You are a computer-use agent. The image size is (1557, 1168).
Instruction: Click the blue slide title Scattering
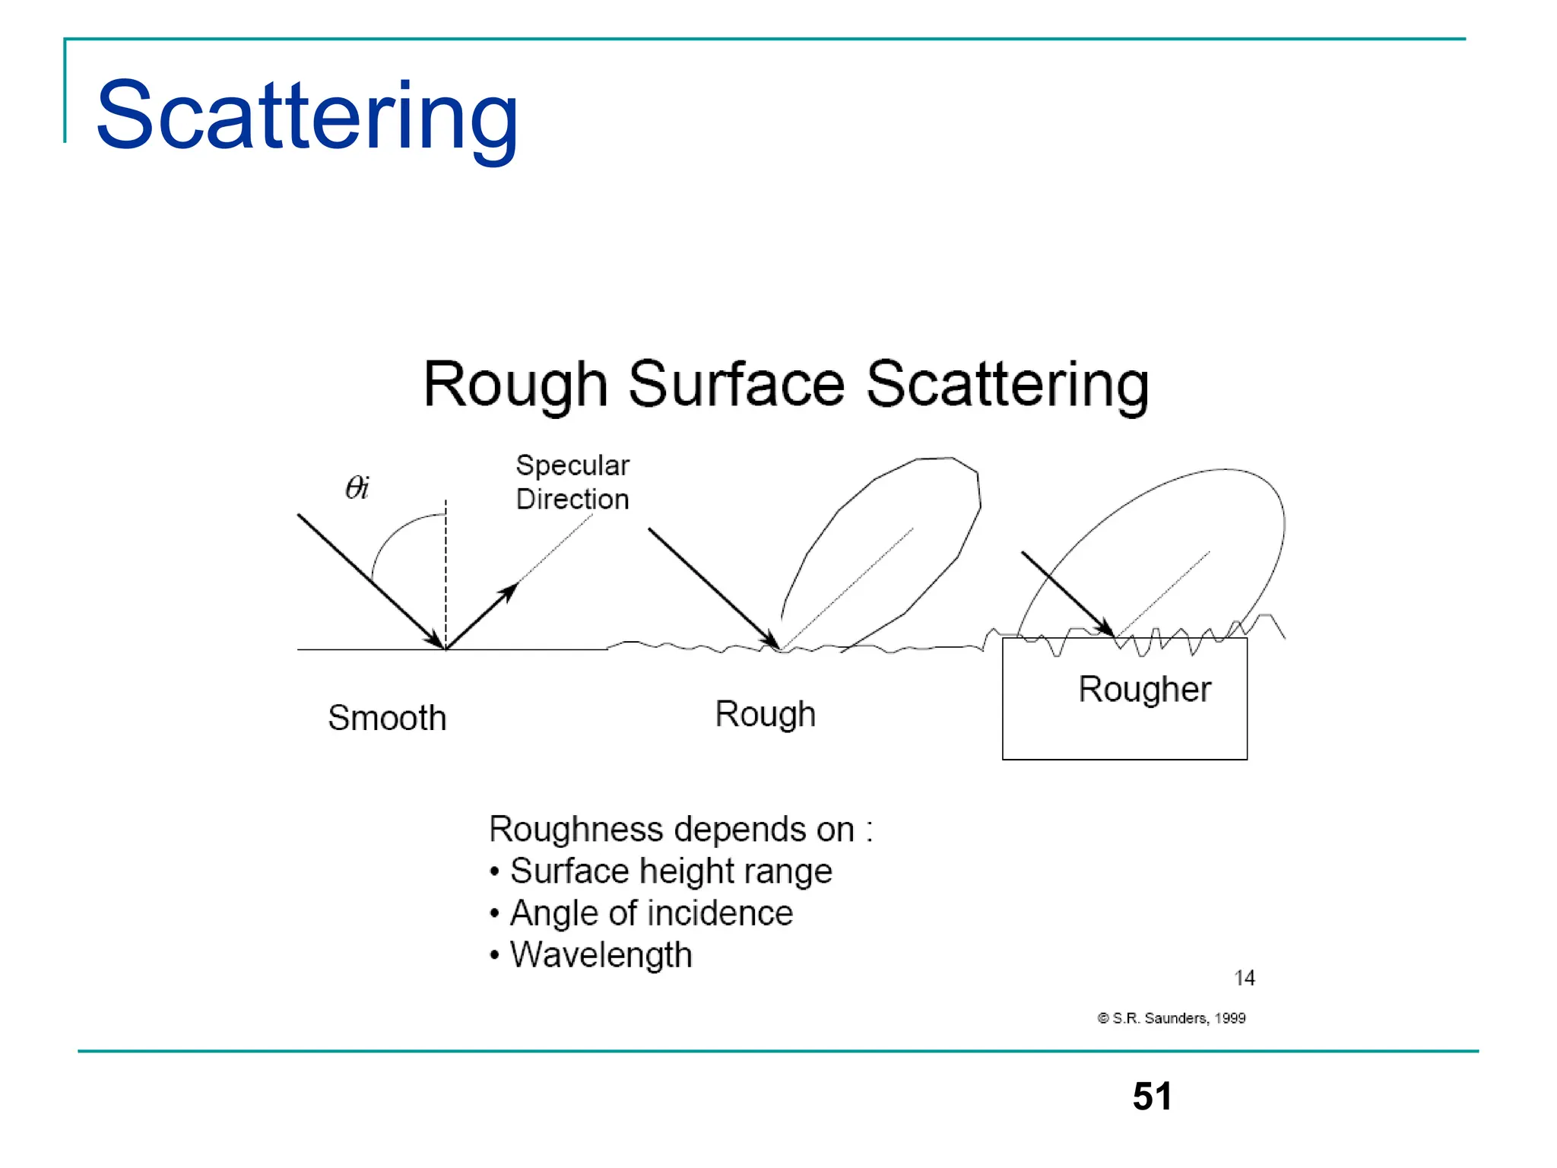[307, 116]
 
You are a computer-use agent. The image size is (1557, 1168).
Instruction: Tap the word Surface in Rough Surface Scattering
[736, 385]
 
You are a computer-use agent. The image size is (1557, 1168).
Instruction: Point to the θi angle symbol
[357, 487]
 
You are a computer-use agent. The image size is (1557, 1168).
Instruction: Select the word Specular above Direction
[572, 465]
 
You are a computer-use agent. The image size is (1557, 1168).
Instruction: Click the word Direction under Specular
[572, 500]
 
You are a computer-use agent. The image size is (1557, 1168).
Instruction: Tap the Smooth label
[387, 718]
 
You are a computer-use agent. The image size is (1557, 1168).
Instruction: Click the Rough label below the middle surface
[765, 714]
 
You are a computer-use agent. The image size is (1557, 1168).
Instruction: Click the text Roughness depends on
[680, 829]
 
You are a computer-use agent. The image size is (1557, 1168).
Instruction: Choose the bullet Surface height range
[671, 871]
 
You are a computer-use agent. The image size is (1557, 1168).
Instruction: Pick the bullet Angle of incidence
[651, 913]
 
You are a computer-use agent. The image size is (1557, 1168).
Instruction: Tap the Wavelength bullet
[601, 955]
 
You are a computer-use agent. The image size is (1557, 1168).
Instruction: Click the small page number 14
[1244, 978]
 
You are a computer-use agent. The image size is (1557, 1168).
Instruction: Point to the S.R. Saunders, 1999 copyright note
[1172, 1018]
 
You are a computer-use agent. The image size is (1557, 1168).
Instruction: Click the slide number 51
[1152, 1097]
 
